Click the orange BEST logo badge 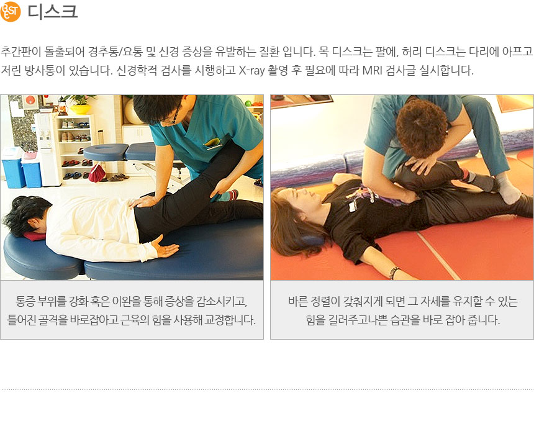[11, 12]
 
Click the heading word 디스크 [52, 11]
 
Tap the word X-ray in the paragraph [251, 70]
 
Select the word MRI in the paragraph [372, 70]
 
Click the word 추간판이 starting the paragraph [20, 52]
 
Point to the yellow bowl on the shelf [80, 109]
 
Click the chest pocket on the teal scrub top [213, 143]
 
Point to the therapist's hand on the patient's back [142, 201]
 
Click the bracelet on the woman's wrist [394, 272]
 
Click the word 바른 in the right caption [298, 301]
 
